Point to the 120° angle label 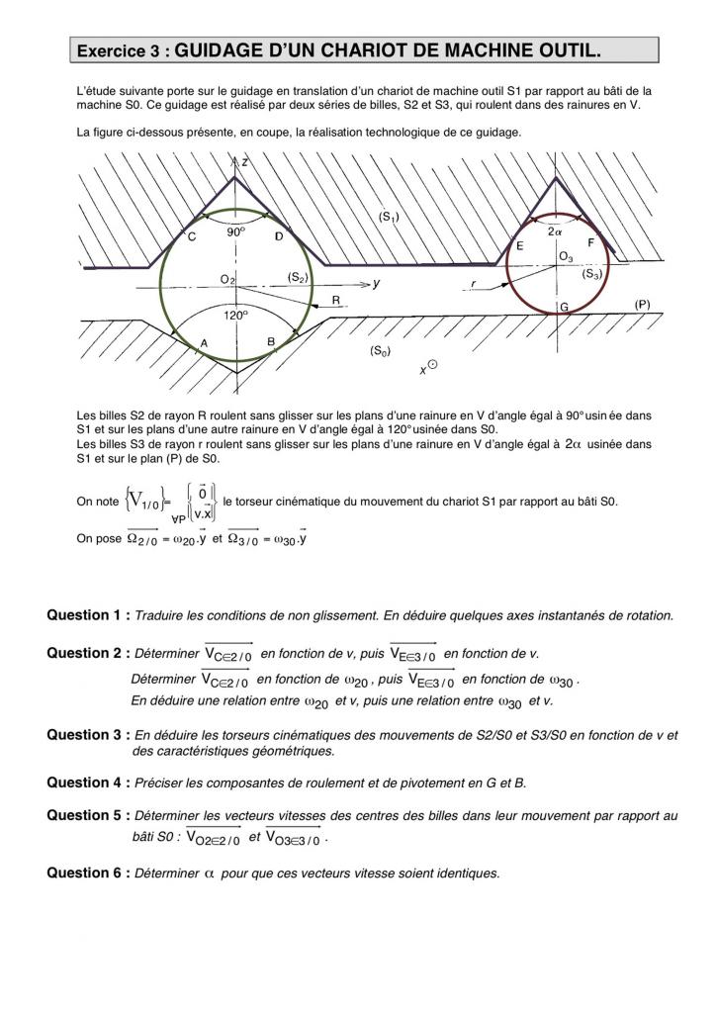pos(234,316)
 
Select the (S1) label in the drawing pos(389,217)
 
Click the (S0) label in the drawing pos(381,351)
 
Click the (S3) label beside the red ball pos(592,274)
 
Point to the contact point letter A pos(205,342)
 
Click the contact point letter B pos(271,342)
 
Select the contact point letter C pos(192,236)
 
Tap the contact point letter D pos(279,236)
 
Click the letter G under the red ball pos(564,307)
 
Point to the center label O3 pos(566,257)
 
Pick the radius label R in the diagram pos(336,300)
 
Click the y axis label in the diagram pos(377,283)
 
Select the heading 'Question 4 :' pos(87,783)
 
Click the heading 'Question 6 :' pos(87,873)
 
